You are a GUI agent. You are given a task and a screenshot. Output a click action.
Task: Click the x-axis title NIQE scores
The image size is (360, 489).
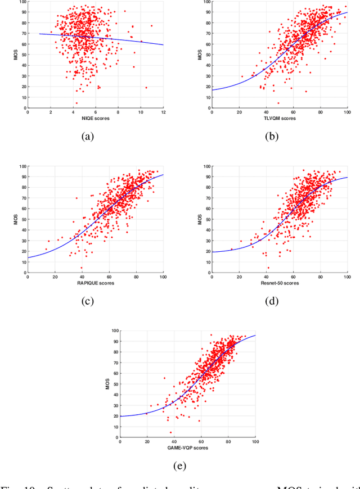pyautogui.click(x=96, y=119)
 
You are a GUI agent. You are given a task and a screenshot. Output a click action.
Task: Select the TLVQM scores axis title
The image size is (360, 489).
pyautogui.click(x=279, y=119)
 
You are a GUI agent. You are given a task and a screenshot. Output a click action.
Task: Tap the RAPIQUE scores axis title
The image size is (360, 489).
pyautogui.click(x=96, y=283)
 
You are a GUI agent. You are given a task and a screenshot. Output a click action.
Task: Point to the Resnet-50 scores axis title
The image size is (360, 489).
pyautogui.click(x=279, y=283)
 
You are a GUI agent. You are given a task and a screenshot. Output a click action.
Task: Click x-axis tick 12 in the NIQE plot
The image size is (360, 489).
pyautogui.click(x=163, y=112)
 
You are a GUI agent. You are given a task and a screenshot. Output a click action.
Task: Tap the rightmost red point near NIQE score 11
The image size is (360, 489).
pyautogui.click(x=151, y=25)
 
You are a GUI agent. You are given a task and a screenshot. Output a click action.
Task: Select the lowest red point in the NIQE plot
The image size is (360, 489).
pyautogui.click(x=76, y=103)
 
